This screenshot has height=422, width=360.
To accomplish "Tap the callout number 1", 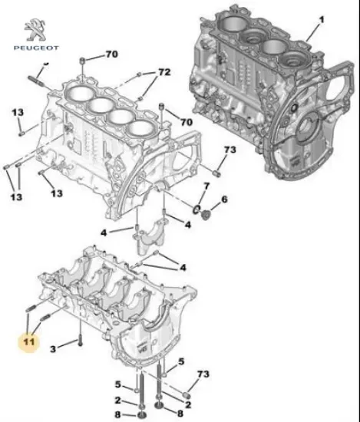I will coord(323,18).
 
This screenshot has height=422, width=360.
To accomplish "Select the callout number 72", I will coord(164,72).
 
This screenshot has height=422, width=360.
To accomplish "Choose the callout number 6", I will coord(225,200).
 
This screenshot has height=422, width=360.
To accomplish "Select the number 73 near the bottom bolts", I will coord(203,374).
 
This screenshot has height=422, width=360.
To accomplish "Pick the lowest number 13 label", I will coord(56,194).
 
